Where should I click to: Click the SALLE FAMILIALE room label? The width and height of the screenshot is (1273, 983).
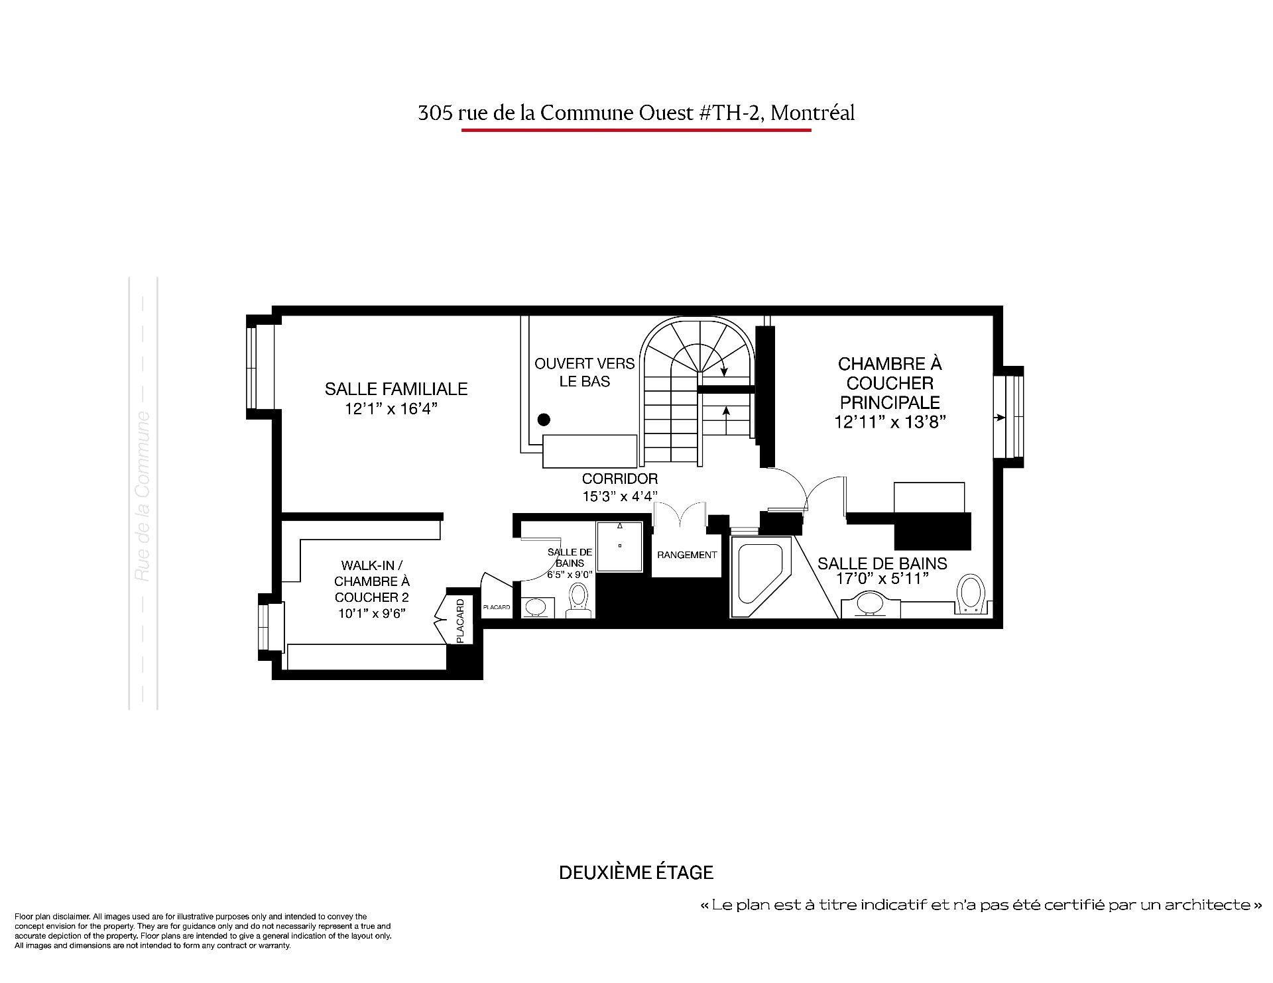396,388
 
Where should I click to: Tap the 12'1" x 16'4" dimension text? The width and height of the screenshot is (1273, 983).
391,409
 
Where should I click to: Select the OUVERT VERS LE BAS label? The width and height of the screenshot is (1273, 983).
584,373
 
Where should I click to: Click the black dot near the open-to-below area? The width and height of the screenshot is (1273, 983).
544,420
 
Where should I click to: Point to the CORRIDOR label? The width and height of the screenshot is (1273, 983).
620,479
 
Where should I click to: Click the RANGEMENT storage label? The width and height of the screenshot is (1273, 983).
687,555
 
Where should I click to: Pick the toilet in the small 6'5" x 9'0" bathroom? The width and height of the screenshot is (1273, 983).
579,600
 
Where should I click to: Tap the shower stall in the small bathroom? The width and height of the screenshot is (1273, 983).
620,546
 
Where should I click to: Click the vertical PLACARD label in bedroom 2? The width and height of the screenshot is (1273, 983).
461,620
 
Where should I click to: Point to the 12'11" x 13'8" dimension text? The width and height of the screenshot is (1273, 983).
890,422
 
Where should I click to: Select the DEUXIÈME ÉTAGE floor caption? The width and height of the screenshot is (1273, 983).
636,872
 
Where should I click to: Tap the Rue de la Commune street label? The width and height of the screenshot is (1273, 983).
143,496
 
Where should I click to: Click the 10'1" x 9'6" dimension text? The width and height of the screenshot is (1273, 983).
372,614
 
